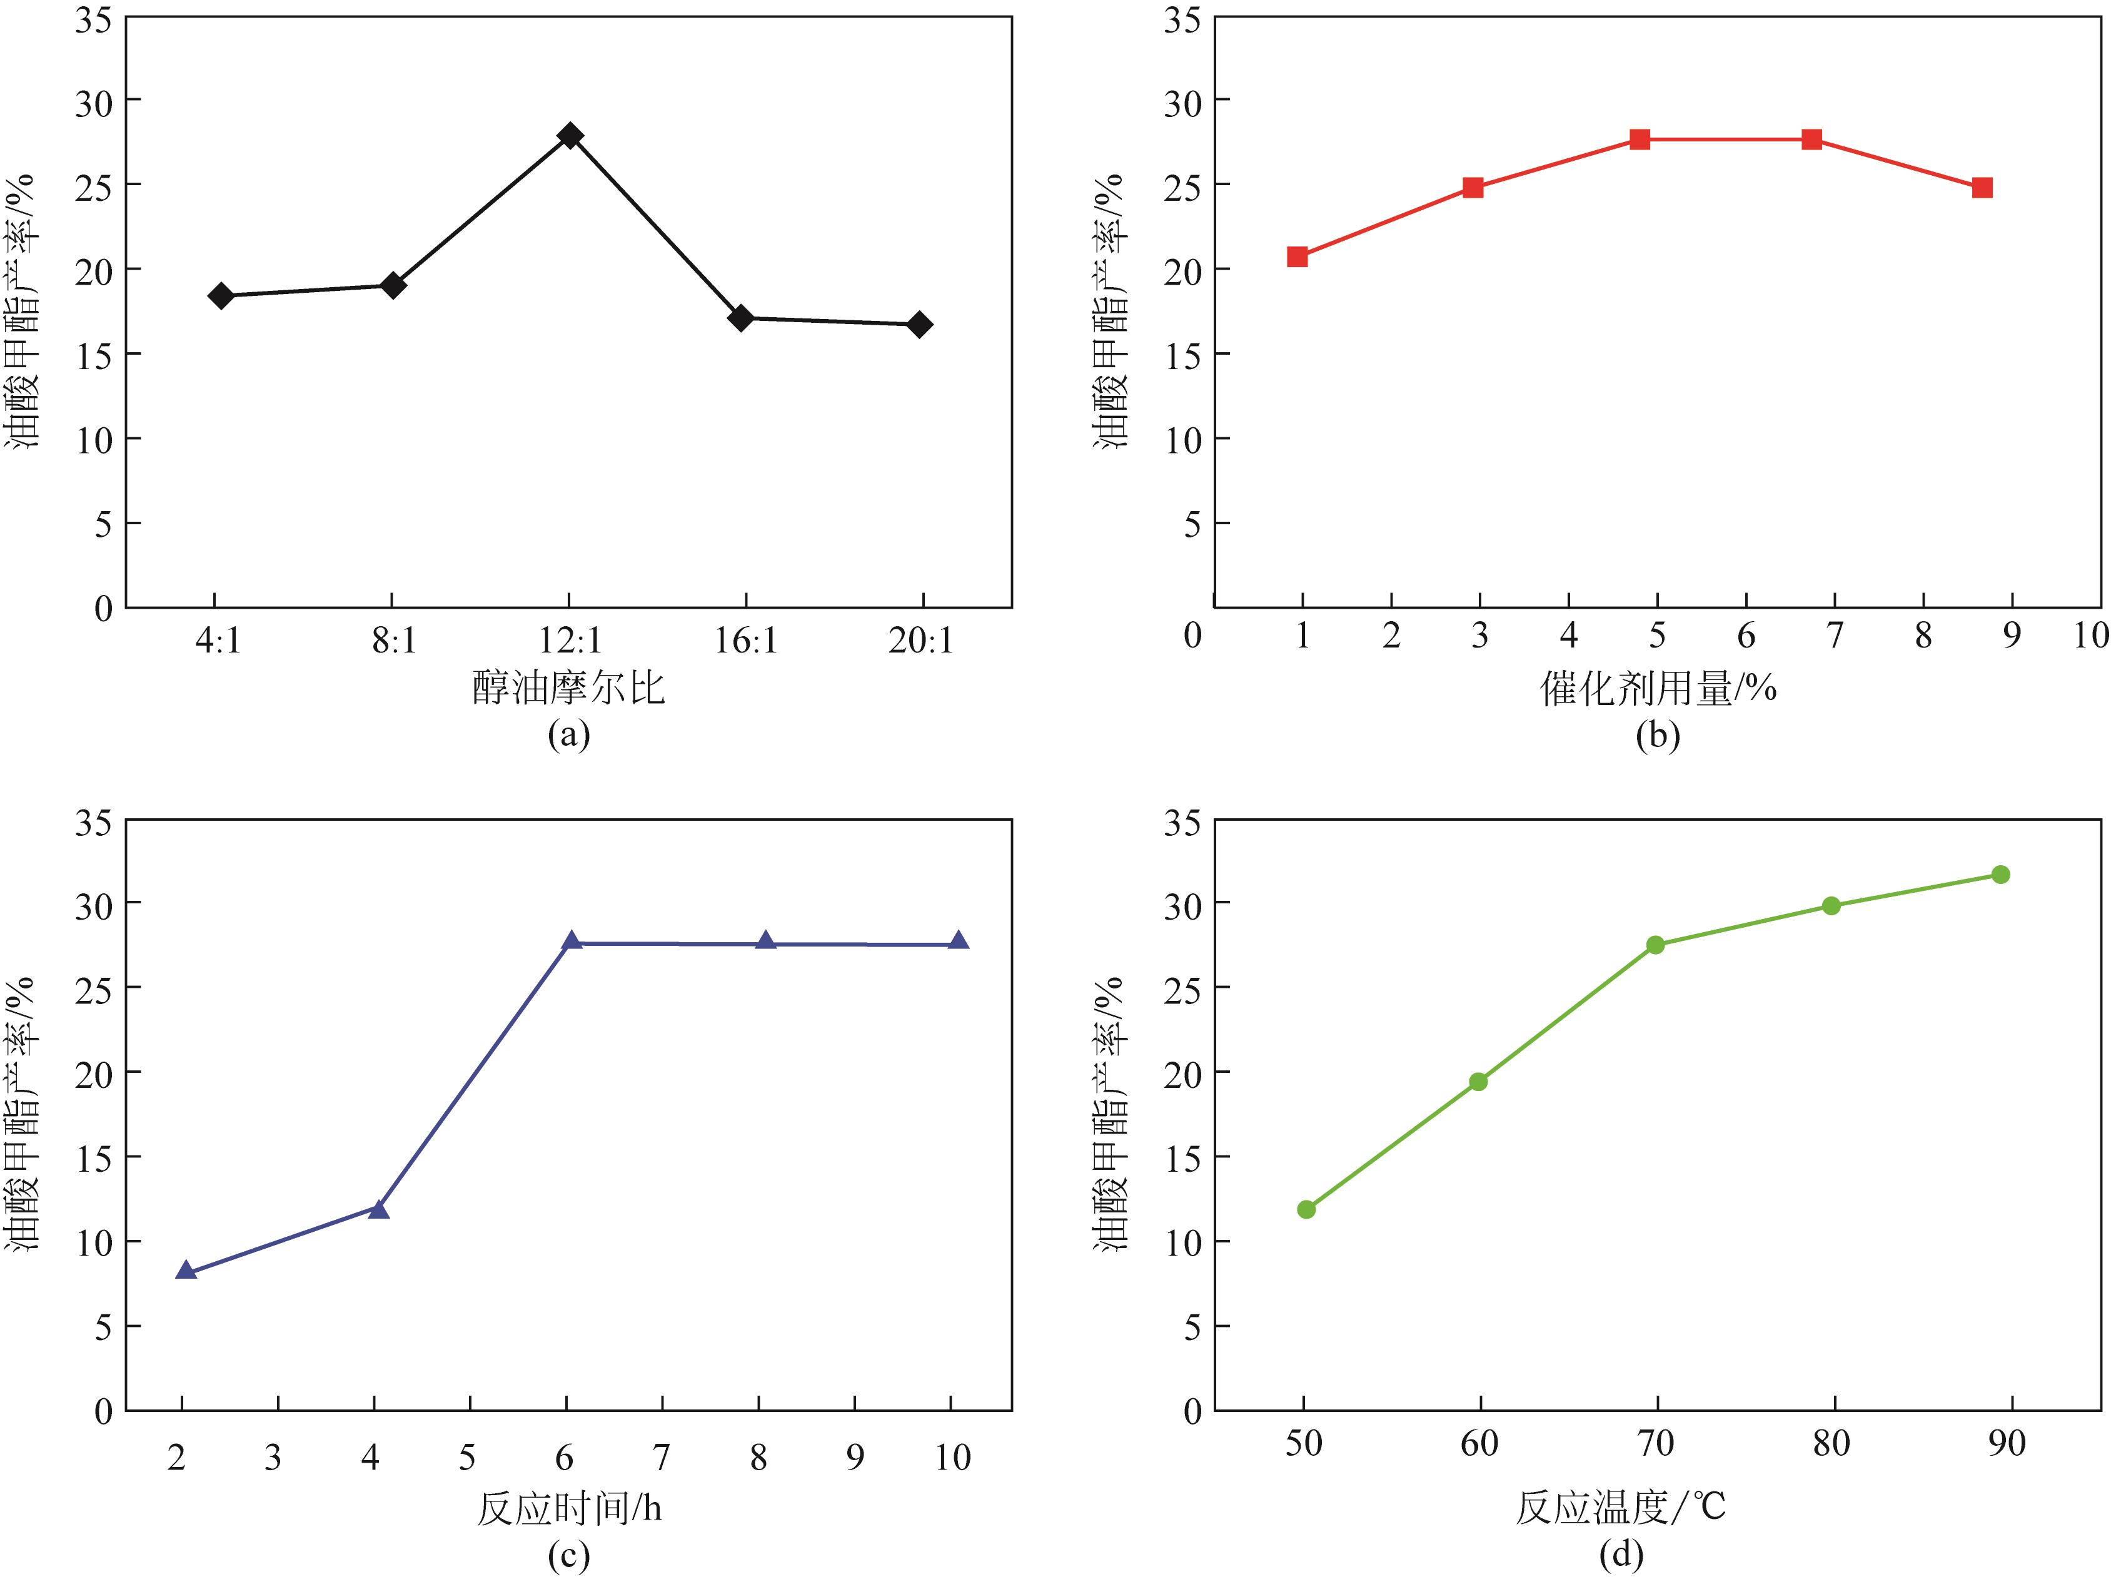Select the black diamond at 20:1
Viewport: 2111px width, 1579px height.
point(919,325)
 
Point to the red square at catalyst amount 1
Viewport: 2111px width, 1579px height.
point(1297,256)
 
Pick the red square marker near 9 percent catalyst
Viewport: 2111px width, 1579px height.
point(1982,187)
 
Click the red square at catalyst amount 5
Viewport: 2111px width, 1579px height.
point(1640,140)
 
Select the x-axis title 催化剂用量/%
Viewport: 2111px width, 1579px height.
point(1658,688)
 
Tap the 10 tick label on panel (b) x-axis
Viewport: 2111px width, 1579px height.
point(2090,636)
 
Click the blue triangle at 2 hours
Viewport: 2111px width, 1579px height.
point(186,1270)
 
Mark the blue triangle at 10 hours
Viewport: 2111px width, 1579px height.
point(958,940)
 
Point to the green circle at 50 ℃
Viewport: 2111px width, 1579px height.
point(1306,1209)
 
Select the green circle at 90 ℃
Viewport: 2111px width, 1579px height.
point(2000,875)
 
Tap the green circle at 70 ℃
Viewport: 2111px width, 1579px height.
point(1656,945)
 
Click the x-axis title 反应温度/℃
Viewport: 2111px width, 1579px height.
point(1621,1508)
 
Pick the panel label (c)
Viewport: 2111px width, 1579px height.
point(569,1556)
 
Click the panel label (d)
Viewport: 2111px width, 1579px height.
point(1621,1556)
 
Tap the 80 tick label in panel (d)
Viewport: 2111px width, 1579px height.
point(1831,1443)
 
